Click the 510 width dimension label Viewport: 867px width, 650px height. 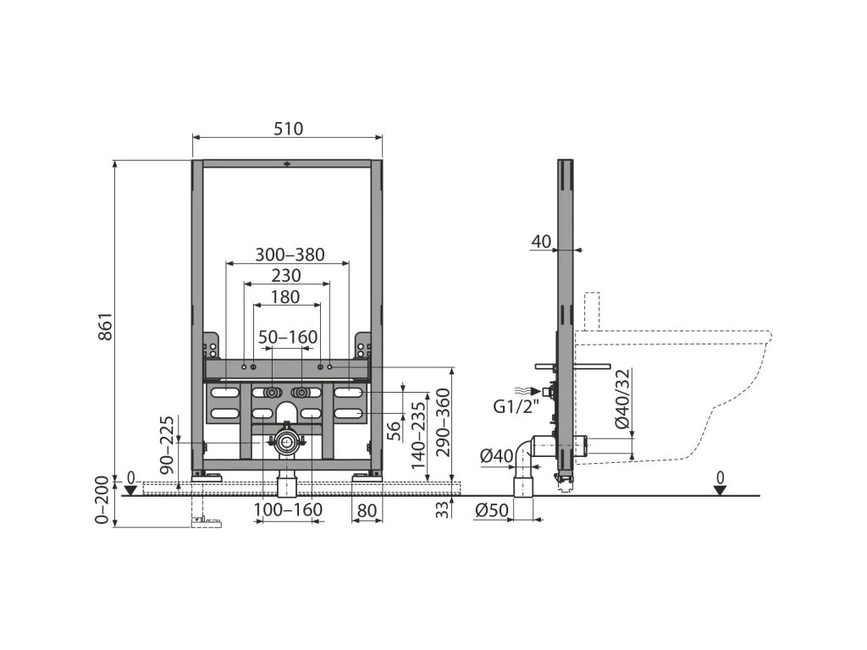pyautogui.click(x=287, y=129)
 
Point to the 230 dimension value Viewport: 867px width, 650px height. pyautogui.click(x=286, y=275)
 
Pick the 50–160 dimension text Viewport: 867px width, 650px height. pyautogui.click(x=288, y=338)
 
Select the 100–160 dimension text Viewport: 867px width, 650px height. pyautogui.click(x=288, y=510)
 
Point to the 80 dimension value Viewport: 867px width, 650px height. pyautogui.click(x=367, y=510)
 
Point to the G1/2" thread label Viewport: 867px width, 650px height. pyautogui.click(x=516, y=406)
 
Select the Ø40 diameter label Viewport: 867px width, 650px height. pyautogui.click(x=496, y=456)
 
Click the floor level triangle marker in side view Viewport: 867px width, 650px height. pyautogui.click(x=719, y=490)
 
